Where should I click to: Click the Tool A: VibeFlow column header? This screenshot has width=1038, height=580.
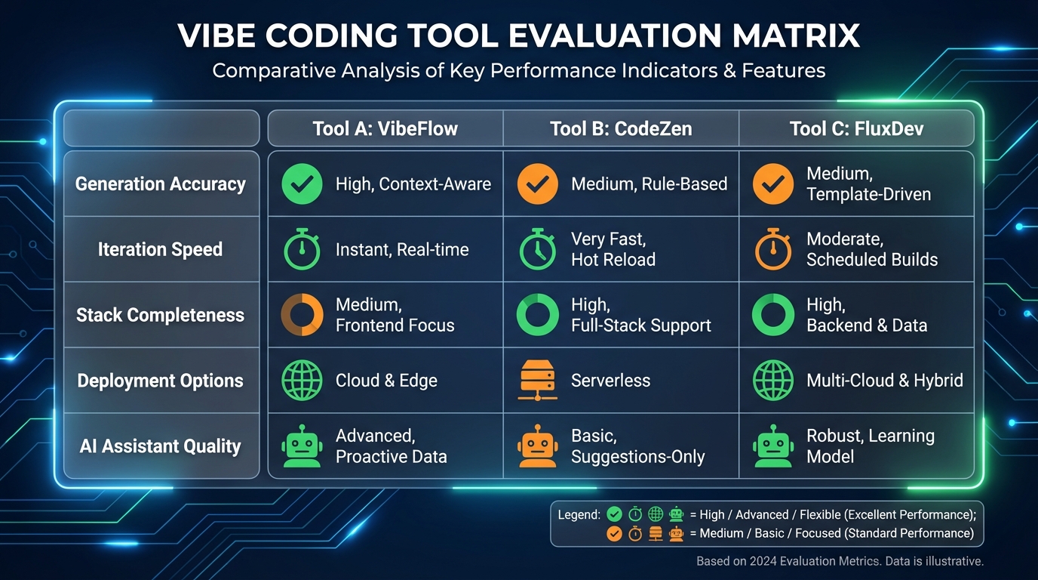click(385, 128)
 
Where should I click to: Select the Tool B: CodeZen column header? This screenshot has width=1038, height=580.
click(621, 128)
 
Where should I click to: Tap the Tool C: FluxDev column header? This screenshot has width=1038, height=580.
click(856, 128)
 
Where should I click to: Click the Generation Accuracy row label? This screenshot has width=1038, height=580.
click(161, 184)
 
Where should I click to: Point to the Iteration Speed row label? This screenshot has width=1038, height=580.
click(160, 249)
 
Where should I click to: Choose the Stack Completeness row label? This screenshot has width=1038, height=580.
click(160, 315)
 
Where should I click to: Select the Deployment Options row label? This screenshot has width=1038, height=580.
click(160, 381)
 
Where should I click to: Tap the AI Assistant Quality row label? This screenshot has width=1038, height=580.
click(160, 446)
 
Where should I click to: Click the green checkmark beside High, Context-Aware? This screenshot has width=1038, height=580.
click(302, 184)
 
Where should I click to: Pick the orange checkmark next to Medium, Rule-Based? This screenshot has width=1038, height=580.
click(538, 184)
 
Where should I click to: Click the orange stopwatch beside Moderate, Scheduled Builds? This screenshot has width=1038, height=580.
click(773, 249)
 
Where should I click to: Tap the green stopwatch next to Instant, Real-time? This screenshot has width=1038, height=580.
click(302, 250)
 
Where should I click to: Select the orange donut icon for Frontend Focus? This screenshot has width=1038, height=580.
click(302, 315)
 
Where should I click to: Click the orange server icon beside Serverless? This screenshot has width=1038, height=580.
click(538, 381)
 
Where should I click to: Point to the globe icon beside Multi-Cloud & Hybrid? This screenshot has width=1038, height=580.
click(773, 381)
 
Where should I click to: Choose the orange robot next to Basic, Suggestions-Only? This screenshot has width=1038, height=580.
click(538, 446)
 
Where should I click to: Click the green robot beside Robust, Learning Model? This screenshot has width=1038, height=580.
click(773, 446)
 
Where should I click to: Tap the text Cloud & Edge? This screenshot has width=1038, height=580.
click(386, 381)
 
